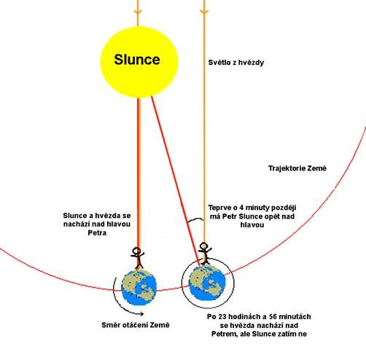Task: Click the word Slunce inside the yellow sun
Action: [x=137, y=60]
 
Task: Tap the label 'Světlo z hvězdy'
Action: [x=236, y=63]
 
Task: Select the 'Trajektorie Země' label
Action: [x=297, y=168]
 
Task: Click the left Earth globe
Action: [x=139, y=287]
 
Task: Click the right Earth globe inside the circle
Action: [x=207, y=283]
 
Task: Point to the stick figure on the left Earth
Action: [x=138, y=258]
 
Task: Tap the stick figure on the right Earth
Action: [x=205, y=254]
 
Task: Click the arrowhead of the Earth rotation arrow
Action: [x=141, y=313]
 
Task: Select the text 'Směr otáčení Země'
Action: [x=136, y=325]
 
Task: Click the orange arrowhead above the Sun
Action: [x=138, y=12]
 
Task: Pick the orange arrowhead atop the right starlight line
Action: [x=204, y=12]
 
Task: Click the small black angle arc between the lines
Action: [x=195, y=220]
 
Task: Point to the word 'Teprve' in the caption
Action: [x=220, y=208]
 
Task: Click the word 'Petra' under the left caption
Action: [x=97, y=233]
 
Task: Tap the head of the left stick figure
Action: [x=136, y=251]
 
